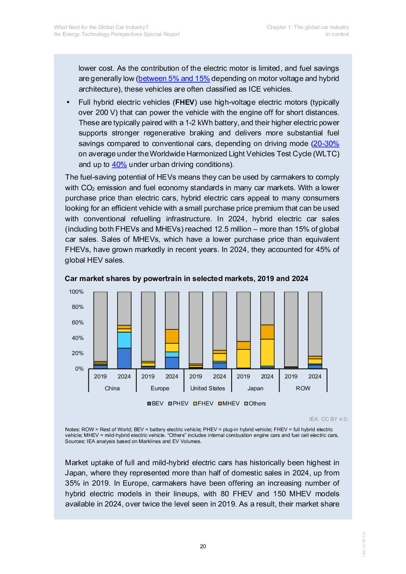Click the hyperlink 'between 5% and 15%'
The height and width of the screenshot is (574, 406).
174,79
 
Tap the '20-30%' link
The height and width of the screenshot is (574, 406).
326,144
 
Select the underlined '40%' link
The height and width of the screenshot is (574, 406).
119,164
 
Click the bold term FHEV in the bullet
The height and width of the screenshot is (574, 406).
185,102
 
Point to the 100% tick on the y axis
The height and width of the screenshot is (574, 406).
76,292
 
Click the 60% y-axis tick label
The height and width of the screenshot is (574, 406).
78,322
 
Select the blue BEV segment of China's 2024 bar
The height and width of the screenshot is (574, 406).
124,358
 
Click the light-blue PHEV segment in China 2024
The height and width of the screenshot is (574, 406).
124,340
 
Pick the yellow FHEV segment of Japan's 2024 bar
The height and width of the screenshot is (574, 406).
267,352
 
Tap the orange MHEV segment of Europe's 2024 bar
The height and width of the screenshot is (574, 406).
172,336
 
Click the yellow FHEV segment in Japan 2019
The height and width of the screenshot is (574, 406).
244,358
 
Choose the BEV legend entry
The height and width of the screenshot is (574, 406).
156,403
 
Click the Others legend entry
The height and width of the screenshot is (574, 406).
255,403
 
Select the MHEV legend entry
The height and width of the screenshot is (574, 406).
229,403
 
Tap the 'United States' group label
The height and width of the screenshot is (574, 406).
208,388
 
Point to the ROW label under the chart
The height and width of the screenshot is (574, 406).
303,388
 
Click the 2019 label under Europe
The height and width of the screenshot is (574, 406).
148,376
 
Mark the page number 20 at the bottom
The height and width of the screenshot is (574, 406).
203,546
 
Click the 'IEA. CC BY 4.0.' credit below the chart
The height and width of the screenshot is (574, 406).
328,419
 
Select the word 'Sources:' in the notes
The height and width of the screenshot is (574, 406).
75,441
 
